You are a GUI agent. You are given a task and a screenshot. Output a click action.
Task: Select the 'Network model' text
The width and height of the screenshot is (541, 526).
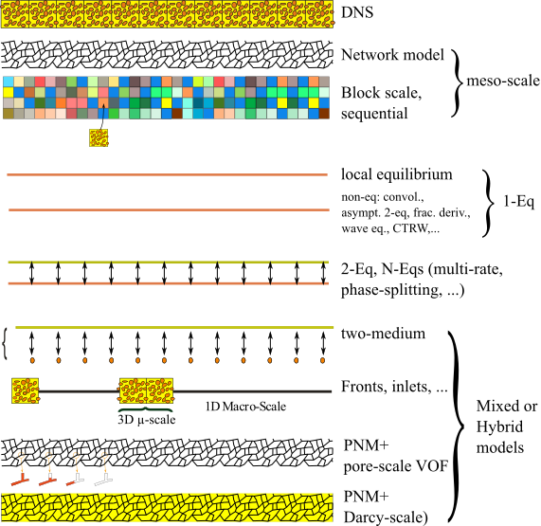pyautogui.click(x=392, y=55)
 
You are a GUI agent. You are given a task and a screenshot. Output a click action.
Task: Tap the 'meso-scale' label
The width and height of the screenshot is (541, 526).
pyautogui.click(x=503, y=81)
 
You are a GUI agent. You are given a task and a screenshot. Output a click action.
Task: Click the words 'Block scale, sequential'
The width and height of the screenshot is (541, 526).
pyautogui.click(x=381, y=103)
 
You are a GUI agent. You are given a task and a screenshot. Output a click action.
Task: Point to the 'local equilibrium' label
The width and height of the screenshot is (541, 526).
pyautogui.click(x=397, y=174)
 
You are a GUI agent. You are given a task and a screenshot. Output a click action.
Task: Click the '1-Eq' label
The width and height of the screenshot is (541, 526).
pyautogui.click(x=518, y=201)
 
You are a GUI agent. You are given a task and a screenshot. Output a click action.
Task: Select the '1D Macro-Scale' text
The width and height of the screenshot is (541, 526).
pyautogui.click(x=245, y=407)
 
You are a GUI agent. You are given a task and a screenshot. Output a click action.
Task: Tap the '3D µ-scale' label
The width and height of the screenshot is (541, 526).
pyautogui.click(x=147, y=419)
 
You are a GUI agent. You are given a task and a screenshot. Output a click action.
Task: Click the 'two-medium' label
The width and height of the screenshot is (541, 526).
pyautogui.click(x=383, y=334)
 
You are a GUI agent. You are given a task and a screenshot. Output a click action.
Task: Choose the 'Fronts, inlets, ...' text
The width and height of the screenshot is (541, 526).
pyautogui.click(x=394, y=387)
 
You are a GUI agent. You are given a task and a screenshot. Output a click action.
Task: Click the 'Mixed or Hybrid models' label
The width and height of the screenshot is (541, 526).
pyautogui.click(x=507, y=426)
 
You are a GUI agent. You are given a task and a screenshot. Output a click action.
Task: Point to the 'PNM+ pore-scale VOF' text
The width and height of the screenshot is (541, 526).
pyautogui.click(x=396, y=456)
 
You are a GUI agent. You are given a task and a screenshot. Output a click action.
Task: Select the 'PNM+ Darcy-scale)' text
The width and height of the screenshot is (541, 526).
pyautogui.click(x=386, y=507)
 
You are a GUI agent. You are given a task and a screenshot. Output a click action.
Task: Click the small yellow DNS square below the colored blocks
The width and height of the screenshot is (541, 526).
pyautogui.click(x=99, y=137)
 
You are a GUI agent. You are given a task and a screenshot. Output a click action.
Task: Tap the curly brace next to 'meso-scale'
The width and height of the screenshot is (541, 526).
pyautogui.click(x=458, y=82)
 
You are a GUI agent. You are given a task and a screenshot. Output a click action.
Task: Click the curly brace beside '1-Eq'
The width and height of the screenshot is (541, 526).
pyautogui.click(x=488, y=203)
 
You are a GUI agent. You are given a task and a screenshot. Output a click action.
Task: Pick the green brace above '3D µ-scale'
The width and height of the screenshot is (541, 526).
pyautogui.click(x=146, y=409)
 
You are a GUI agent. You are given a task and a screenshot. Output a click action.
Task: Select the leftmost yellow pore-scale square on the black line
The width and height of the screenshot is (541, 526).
pyautogui.click(x=26, y=390)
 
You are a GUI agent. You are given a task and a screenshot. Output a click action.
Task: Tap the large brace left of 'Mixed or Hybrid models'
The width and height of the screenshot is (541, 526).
pyautogui.click(x=458, y=426)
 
